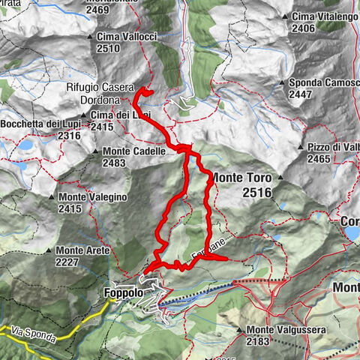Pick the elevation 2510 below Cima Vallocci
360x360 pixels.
point(108,48)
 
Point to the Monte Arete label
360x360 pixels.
point(83,250)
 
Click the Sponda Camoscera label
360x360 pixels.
point(322,83)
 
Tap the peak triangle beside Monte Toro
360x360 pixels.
point(279,178)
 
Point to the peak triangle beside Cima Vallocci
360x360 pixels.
point(90,36)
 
